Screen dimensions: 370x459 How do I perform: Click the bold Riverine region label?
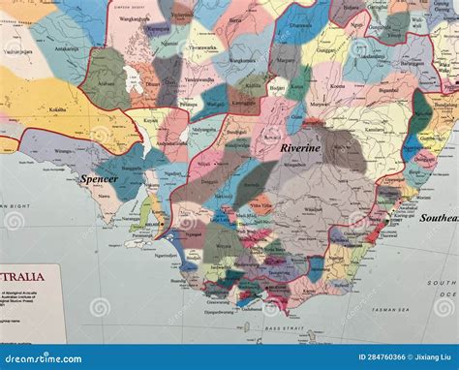300,149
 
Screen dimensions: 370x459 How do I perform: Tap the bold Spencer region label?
99,179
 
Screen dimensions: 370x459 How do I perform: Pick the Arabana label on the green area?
107,82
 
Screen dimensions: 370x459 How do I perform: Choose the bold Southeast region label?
438,218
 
